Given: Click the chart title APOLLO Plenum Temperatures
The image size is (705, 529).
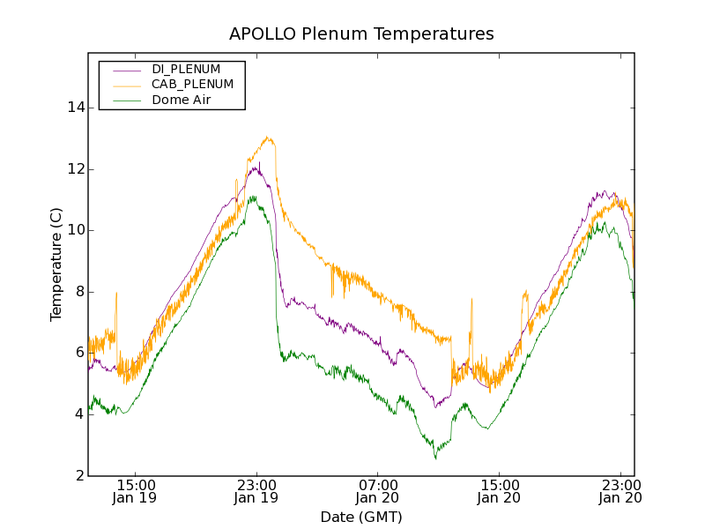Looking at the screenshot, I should click(x=361, y=34).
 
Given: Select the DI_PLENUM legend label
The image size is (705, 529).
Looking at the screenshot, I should click(x=186, y=69).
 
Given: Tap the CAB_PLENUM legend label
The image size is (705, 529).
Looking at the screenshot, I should click(x=192, y=84).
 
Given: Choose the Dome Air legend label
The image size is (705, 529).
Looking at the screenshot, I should click(x=181, y=100).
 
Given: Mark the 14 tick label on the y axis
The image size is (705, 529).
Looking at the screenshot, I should click(x=74, y=108).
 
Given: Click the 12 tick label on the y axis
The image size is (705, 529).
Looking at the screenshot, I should click(x=74, y=169).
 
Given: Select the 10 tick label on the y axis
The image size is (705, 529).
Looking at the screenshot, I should click(x=74, y=230).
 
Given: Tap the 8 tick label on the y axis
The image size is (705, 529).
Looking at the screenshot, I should click(x=78, y=292).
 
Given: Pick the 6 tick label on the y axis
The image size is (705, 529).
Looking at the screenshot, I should click(x=78, y=353).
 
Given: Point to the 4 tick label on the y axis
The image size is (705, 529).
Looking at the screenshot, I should click(x=78, y=414).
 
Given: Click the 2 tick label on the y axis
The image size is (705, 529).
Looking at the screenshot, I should click(x=78, y=476).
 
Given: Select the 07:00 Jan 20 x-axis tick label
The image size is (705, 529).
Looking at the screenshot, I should click(x=378, y=491).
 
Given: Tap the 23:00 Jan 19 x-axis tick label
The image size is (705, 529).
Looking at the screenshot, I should click(x=256, y=491).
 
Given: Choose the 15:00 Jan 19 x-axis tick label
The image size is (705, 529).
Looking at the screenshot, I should click(x=136, y=491).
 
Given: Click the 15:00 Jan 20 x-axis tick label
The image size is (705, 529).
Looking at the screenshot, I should click(x=499, y=491).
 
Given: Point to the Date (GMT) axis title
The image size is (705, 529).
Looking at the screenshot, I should click(x=361, y=517).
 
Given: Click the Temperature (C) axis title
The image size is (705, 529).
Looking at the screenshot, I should click(x=56, y=264).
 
